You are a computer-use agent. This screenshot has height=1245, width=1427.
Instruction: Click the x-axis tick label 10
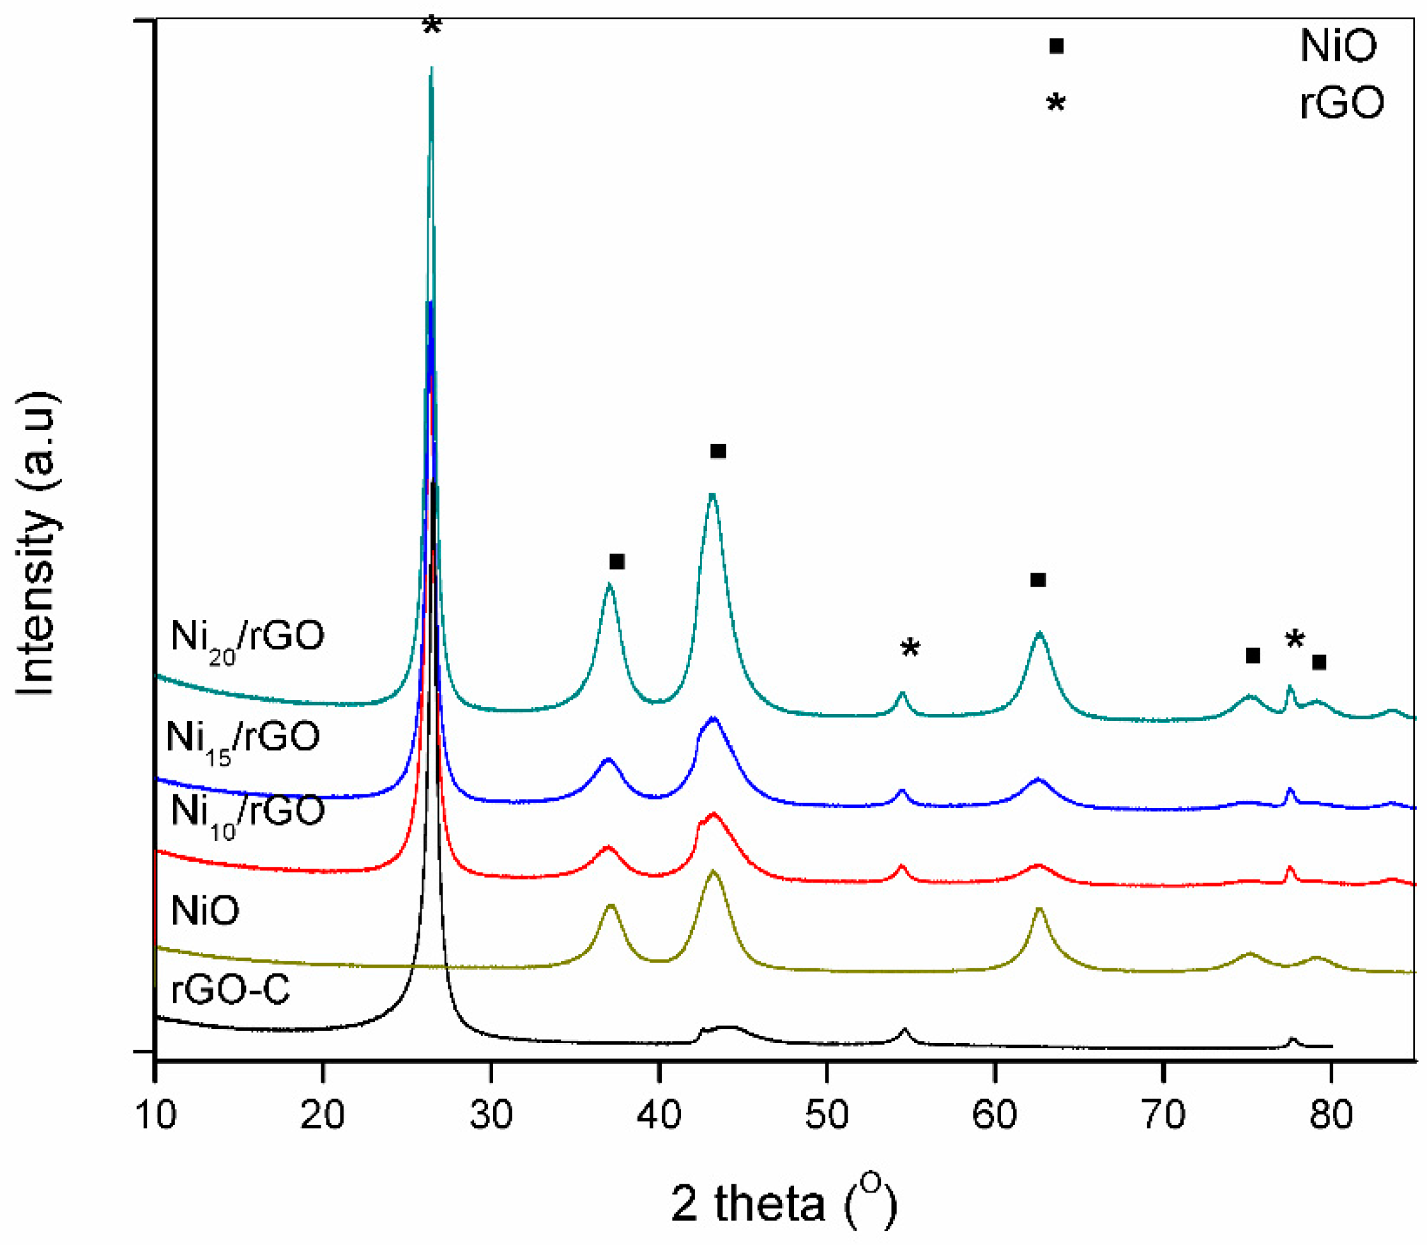(x=156, y=1115)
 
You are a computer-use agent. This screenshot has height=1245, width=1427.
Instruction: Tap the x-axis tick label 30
(x=491, y=1115)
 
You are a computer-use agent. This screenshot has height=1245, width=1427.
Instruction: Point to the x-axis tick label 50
(x=827, y=1115)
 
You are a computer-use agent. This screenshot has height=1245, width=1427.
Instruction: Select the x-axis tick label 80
(x=1331, y=1115)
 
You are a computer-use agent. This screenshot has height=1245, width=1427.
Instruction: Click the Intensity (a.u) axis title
(x=36, y=543)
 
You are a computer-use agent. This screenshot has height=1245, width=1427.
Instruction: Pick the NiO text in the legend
(x=1338, y=47)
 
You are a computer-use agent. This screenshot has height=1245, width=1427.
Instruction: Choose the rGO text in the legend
(x=1341, y=103)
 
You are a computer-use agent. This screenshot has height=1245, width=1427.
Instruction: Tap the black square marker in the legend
(x=1056, y=47)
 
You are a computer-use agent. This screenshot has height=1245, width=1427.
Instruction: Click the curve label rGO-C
(x=230, y=989)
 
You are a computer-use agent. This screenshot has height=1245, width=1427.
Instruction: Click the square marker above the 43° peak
(x=719, y=452)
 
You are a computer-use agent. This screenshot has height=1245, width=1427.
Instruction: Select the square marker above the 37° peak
(x=616, y=561)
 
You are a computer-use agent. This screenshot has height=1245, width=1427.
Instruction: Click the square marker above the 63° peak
(x=1038, y=580)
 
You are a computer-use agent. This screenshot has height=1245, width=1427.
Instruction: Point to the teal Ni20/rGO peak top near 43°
(x=712, y=495)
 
